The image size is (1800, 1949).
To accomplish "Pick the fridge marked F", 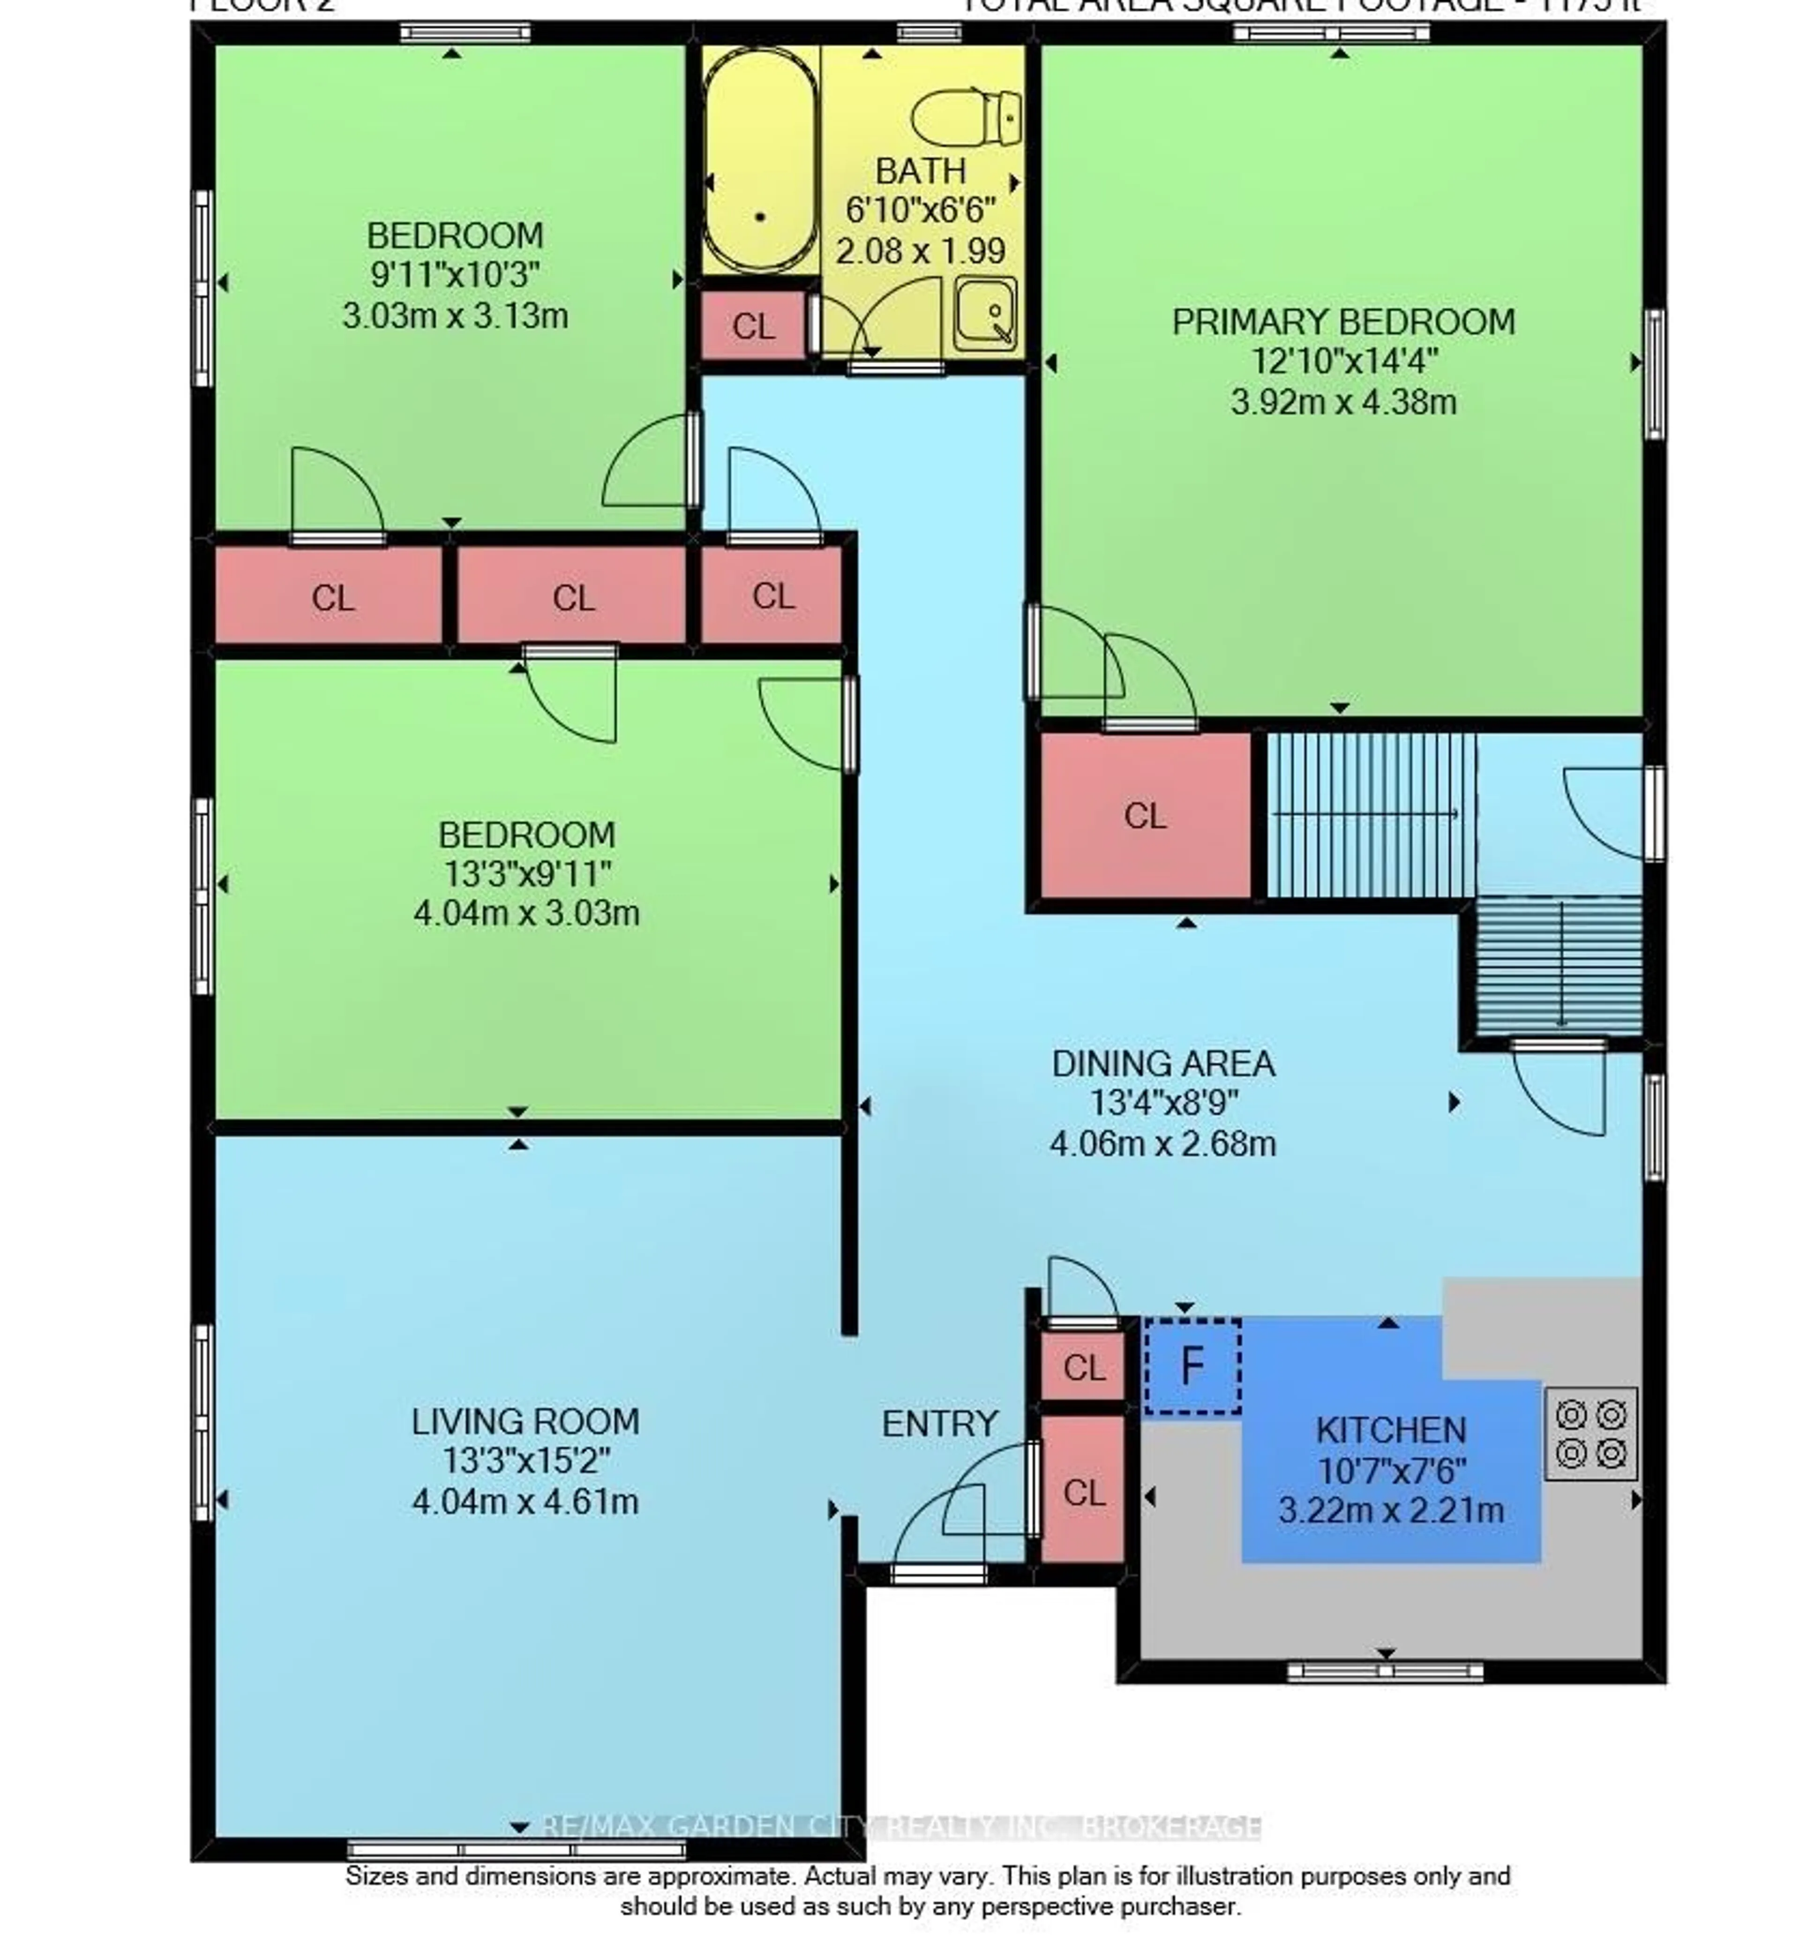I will coord(1191,1367).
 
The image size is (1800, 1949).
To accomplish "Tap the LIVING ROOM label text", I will coord(525,1422).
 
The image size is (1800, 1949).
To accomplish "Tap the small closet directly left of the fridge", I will coord(1083,1368).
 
